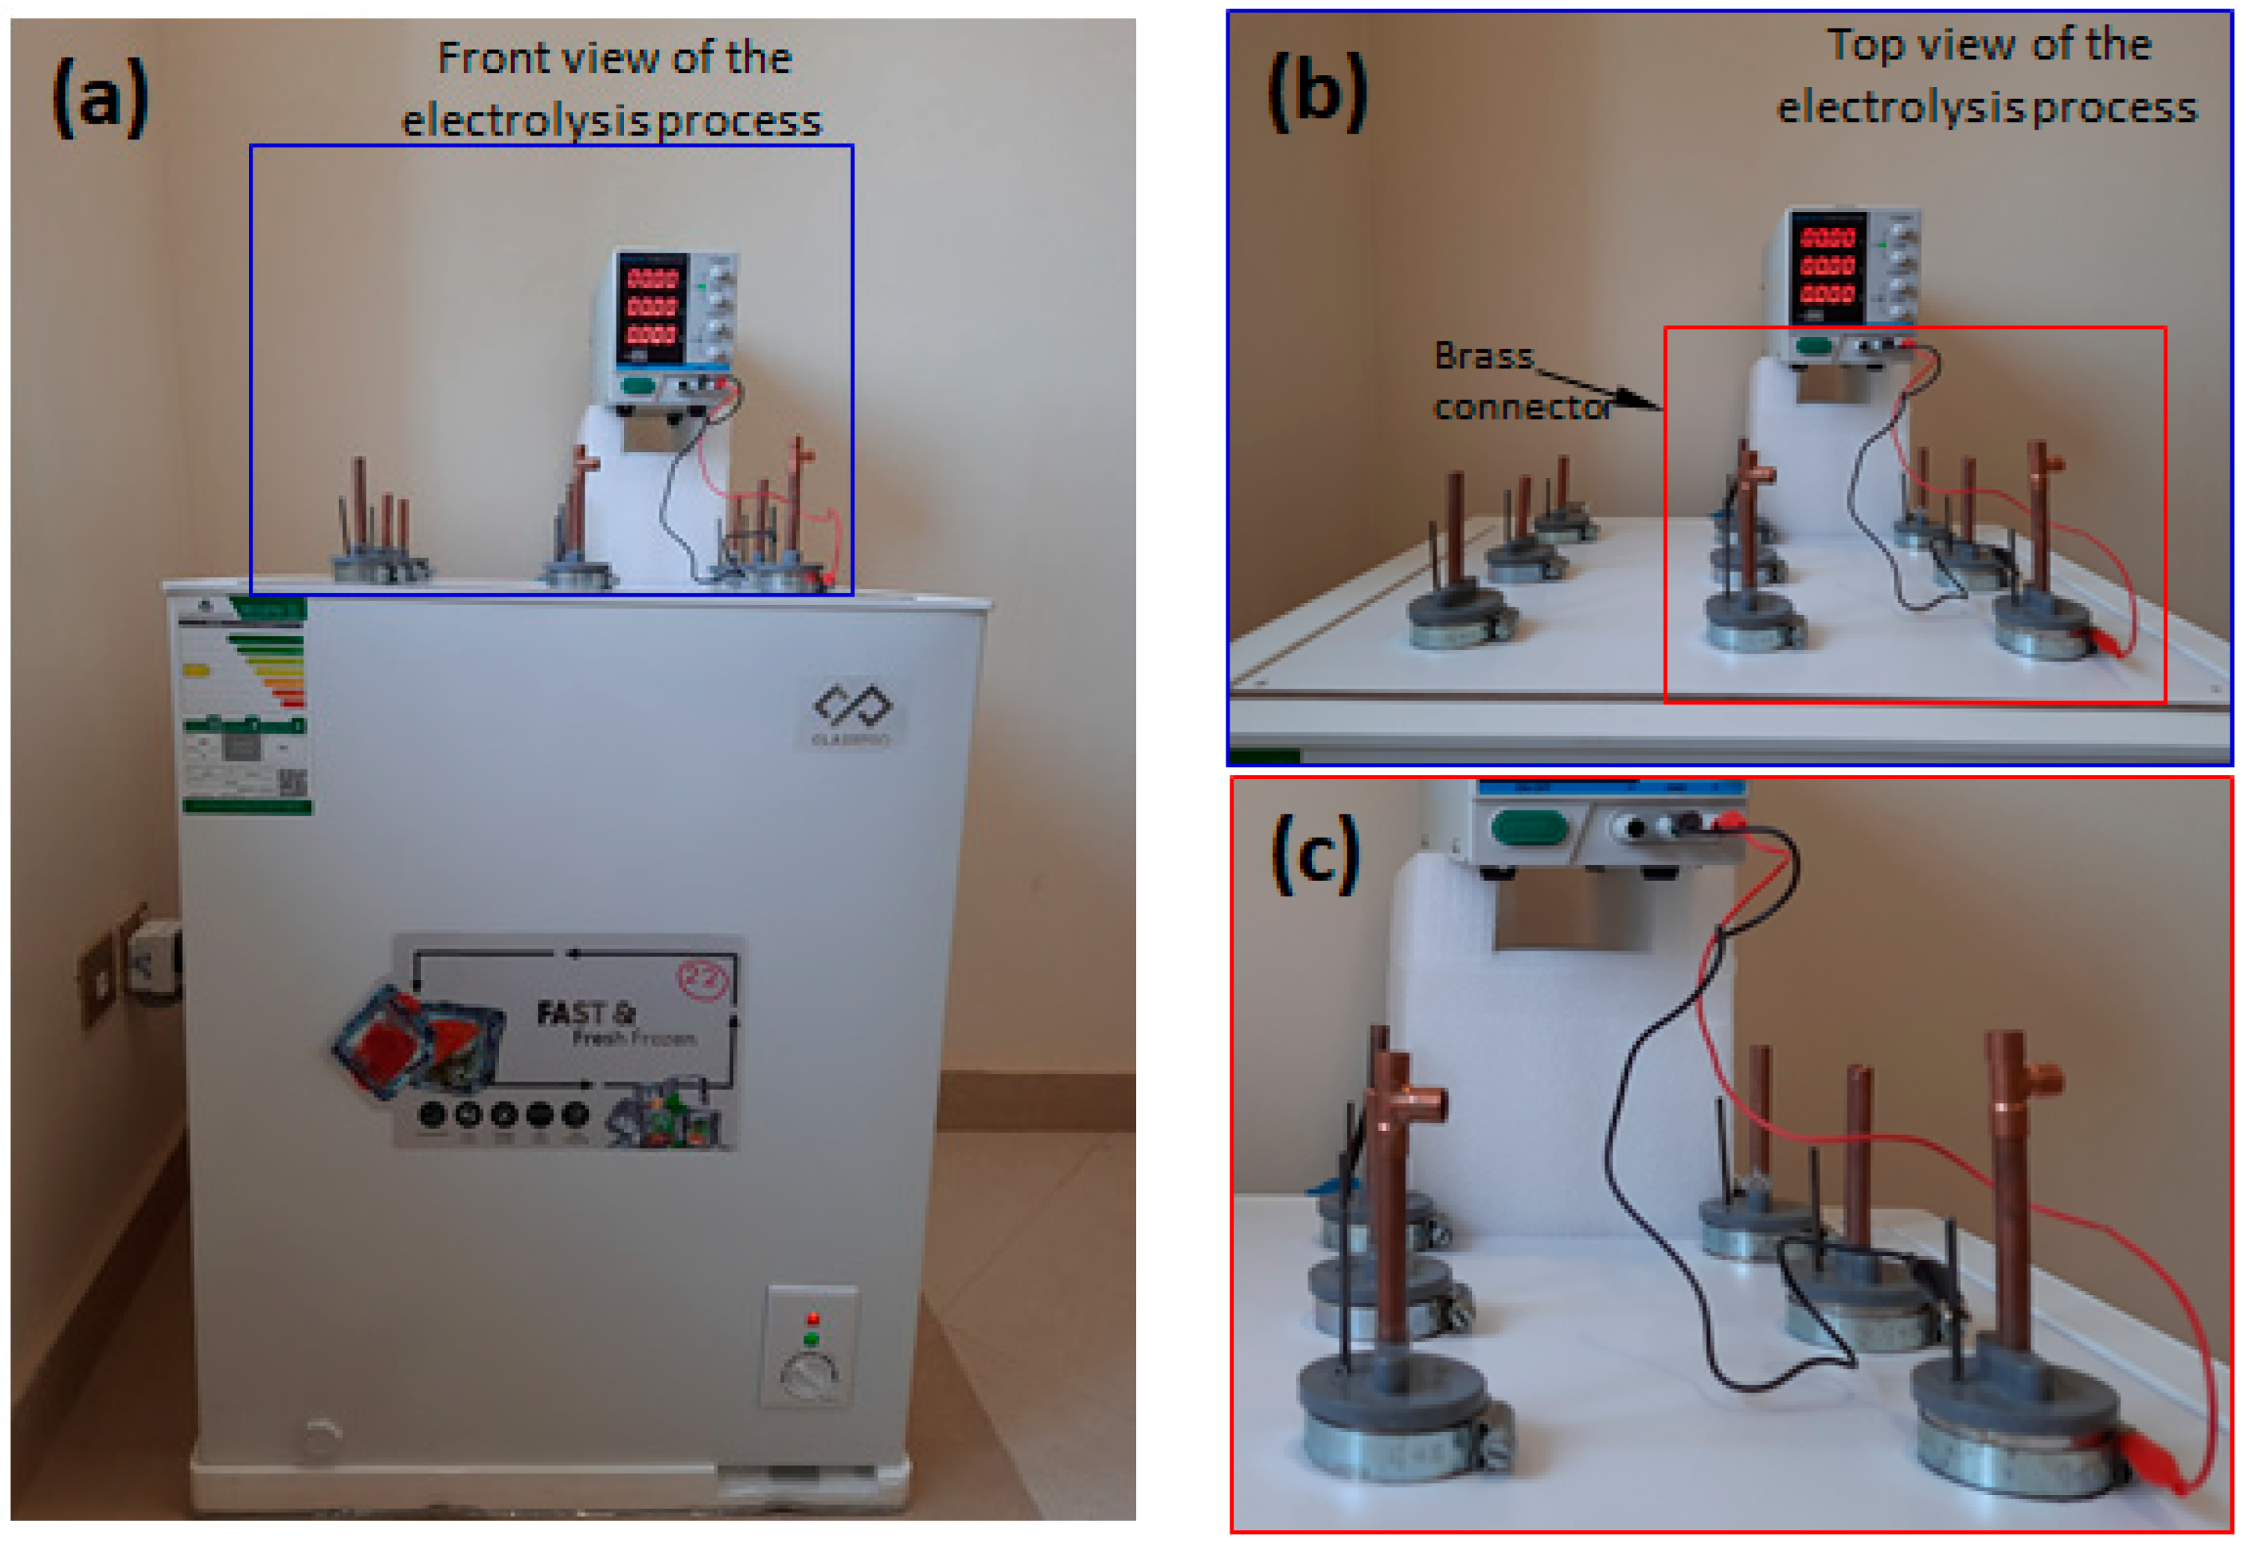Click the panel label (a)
[x=99, y=96]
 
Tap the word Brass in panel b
[x=1483, y=356]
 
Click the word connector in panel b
[x=1523, y=407]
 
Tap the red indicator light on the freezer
[x=812, y=1319]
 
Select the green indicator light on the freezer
[x=811, y=1340]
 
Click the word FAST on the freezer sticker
[x=571, y=1014]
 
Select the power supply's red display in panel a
[x=652, y=307]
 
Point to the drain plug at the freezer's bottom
[x=321, y=1436]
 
